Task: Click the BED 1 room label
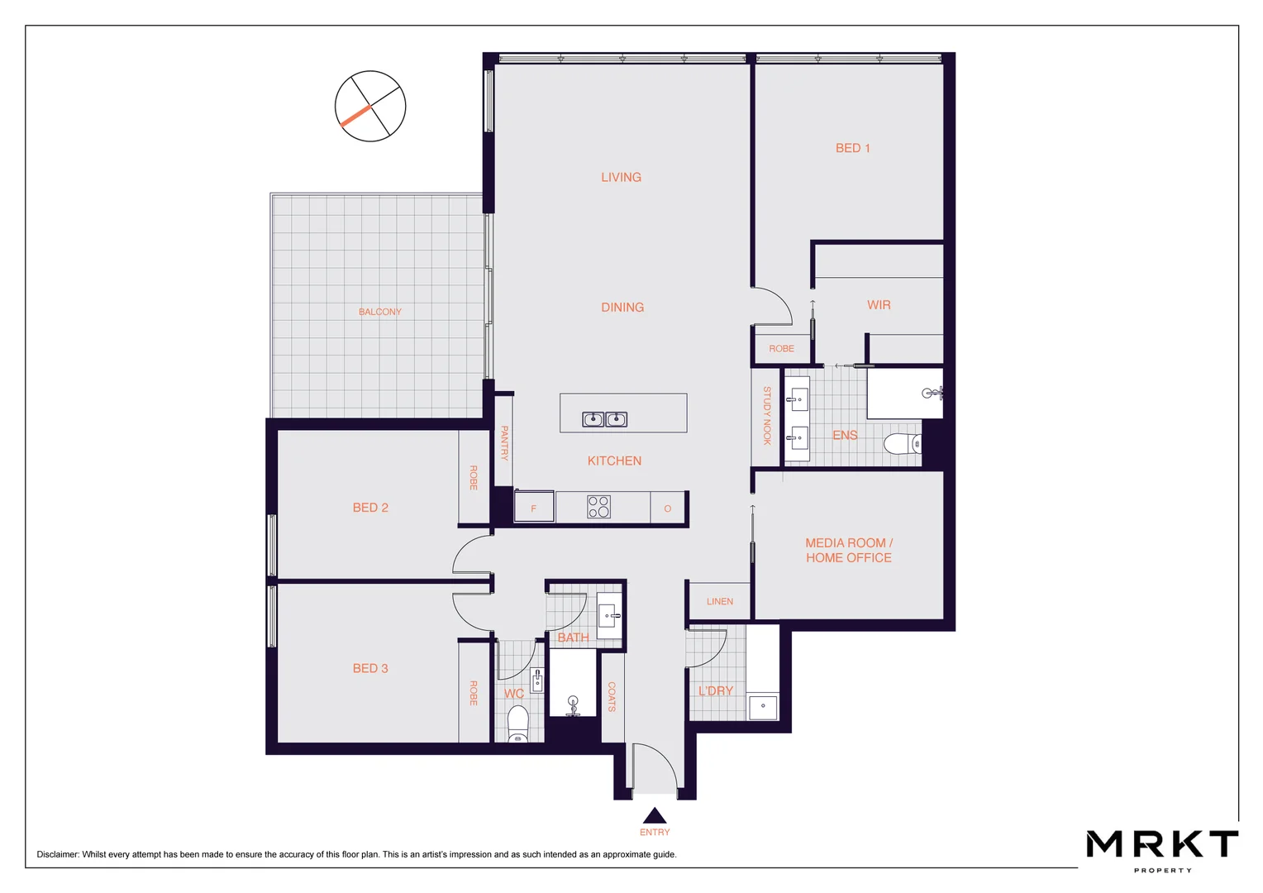click(852, 148)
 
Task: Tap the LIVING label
click(621, 177)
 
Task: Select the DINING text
click(622, 307)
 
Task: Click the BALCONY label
click(379, 312)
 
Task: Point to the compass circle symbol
click(370, 106)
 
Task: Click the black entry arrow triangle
click(654, 816)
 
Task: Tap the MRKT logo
click(1161, 845)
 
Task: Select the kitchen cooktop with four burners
click(598, 507)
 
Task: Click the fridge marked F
click(534, 508)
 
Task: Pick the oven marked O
click(667, 508)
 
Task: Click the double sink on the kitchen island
click(604, 419)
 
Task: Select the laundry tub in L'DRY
click(762, 707)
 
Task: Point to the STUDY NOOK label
click(767, 416)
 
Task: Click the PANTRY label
click(504, 443)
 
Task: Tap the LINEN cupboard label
click(719, 601)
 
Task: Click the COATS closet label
click(612, 697)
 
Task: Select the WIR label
click(879, 305)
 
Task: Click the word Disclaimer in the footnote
click(57, 854)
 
